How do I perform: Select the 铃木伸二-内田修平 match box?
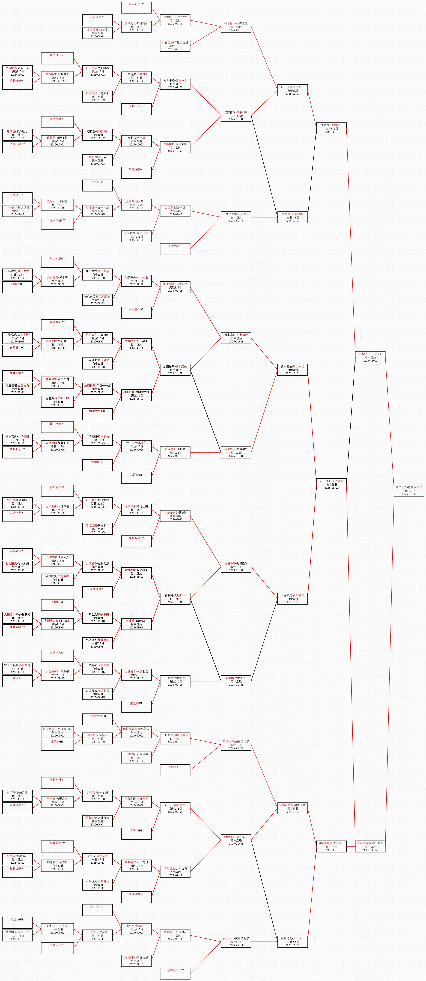(370, 357)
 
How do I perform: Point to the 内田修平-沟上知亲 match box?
(331, 484)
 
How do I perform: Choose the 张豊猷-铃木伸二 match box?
(331, 128)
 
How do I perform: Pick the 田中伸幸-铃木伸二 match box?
(292, 90)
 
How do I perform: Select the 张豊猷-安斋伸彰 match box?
(292, 217)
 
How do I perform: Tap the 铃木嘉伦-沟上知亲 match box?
(292, 370)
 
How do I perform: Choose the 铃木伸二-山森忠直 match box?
(236, 27)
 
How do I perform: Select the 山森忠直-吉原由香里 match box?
(175, 46)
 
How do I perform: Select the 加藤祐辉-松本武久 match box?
(175, 370)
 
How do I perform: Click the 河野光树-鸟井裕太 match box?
(236, 840)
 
